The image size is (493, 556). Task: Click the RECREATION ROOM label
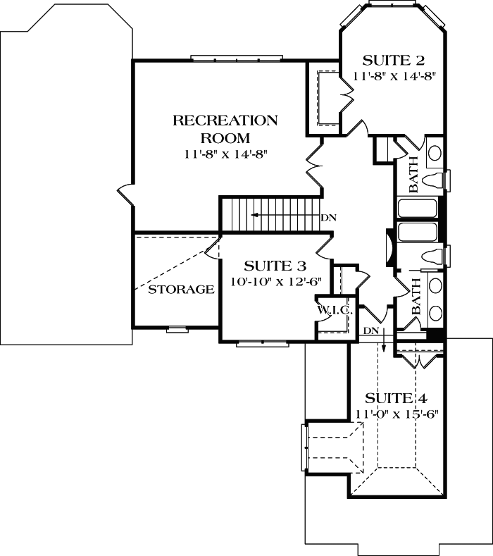[x=225, y=128]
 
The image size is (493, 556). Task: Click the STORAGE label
[x=181, y=290]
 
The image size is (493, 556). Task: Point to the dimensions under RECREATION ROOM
[x=225, y=153]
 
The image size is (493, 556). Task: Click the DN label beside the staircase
[x=328, y=217]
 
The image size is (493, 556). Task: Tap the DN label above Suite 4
[x=371, y=330]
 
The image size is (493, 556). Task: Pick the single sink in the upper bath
[x=435, y=153]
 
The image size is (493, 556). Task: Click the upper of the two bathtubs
[x=418, y=209]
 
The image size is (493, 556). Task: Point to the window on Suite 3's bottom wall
[x=262, y=343]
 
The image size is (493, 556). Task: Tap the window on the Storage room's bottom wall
[x=177, y=328]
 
